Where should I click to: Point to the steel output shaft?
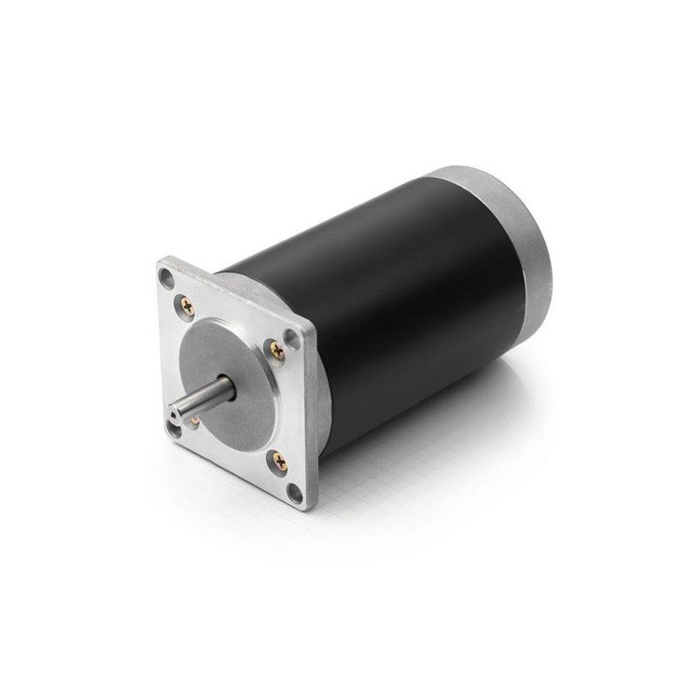pos(201,398)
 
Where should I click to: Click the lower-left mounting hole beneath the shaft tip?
pos(173,428)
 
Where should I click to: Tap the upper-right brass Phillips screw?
pos(276,348)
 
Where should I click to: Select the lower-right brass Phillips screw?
pos(278,458)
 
